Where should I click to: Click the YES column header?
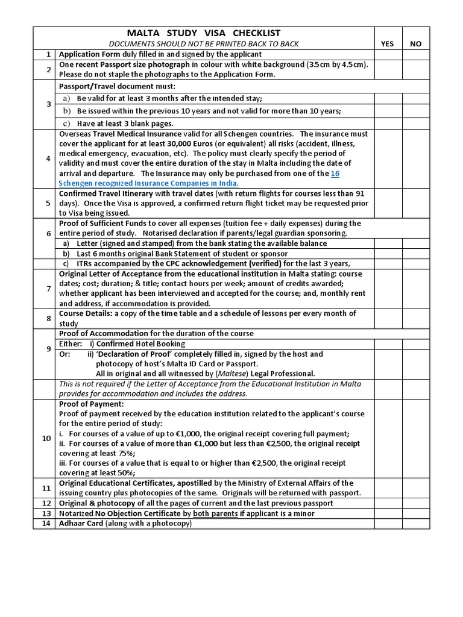[x=388, y=44]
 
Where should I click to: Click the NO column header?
[x=416, y=44]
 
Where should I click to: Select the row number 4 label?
[x=48, y=158]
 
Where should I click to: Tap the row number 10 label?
[x=46, y=439]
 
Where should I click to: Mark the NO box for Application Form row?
[x=416, y=54]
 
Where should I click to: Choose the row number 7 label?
[x=48, y=289]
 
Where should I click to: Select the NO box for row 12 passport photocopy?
[x=416, y=503]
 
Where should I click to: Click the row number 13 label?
[x=46, y=513]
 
